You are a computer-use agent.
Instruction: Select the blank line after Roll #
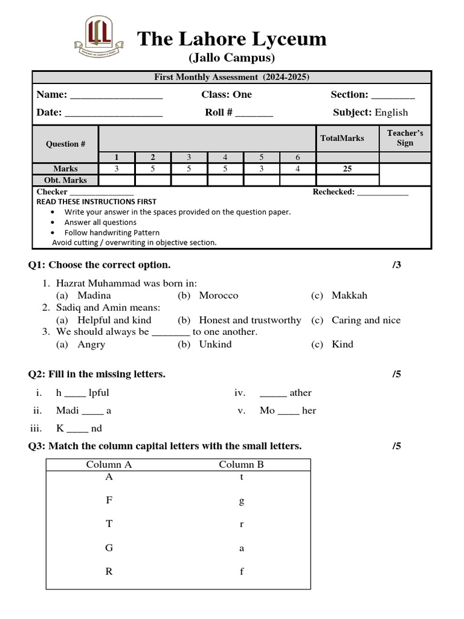tap(254, 114)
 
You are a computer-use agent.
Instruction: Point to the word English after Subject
tap(391, 112)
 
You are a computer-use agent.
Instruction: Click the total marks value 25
tap(347, 169)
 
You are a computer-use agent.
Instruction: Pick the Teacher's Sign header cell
tap(405, 138)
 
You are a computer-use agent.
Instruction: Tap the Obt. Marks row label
tap(65, 180)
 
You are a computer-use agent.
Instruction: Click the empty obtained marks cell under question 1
tap(117, 180)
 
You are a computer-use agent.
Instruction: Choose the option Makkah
tap(349, 296)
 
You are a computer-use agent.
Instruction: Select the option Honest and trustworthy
tap(250, 320)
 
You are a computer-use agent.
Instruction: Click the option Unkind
tap(215, 345)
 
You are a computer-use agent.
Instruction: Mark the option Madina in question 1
tap(94, 296)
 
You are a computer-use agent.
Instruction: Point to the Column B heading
tap(241, 465)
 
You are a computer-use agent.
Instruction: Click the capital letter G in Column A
tap(109, 548)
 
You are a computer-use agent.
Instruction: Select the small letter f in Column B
tap(242, 572)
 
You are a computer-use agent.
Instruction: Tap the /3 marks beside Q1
tap(396, 265)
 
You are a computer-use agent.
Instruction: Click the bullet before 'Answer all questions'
tap(54, 222)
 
